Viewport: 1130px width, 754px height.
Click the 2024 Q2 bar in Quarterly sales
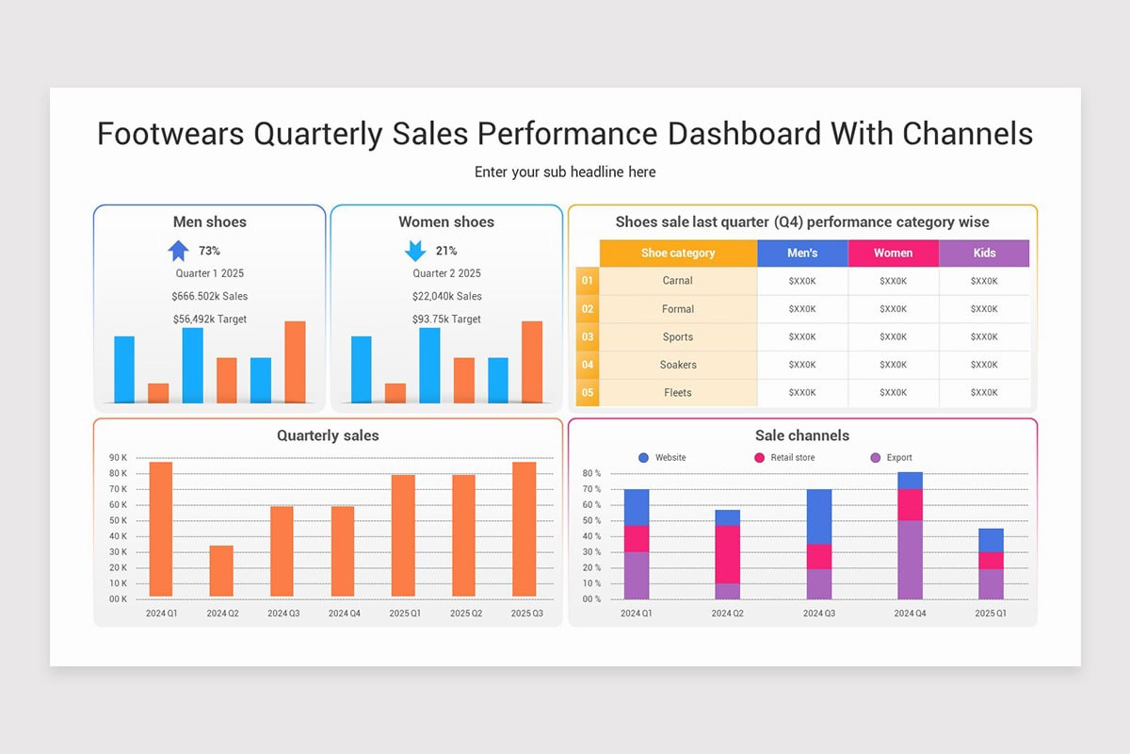pos(221,570)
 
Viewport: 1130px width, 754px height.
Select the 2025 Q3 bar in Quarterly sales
pos(524,529)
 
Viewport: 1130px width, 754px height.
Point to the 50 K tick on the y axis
pos(119,520)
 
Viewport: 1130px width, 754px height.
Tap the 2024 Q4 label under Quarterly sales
pos(343,614)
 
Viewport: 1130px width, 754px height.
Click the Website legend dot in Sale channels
pos(643,457)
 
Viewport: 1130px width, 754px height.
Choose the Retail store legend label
pos(792,457)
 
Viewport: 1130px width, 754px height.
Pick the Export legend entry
pos(898,457)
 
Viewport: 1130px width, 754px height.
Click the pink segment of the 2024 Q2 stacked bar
pos(727,554)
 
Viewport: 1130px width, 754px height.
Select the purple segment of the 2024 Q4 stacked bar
pos(910,559)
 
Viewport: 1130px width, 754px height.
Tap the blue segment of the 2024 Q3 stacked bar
pos(818,516)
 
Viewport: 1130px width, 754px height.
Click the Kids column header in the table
pos(984,253)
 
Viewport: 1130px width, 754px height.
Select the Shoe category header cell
pos(678,253)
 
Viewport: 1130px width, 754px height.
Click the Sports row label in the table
pos(677,336)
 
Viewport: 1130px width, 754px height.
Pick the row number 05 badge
pos(588,393)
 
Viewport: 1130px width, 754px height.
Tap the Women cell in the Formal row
pos(893,309)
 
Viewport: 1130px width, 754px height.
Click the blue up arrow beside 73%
pos(178,251)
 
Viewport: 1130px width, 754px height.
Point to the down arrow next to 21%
pos(415,251)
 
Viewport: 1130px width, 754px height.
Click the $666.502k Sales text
pos(210,296)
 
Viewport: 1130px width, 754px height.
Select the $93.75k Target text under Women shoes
pos(446,320)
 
